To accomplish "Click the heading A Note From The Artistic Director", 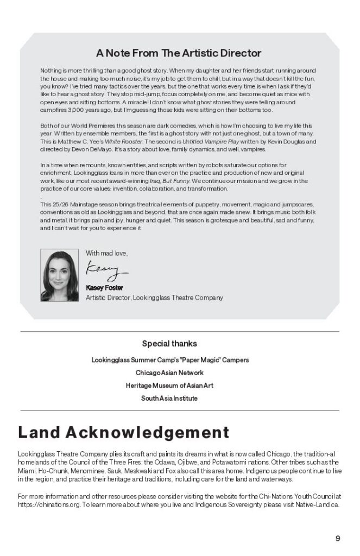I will [x=179, y=53].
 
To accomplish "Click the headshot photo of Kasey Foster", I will [x=59, y=275].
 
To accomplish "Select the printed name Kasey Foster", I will [x=104, y=288].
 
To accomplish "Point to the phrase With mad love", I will [x=107, y=253].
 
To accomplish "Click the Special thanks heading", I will [x=169, y=344].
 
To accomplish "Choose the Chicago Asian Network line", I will [x=169, y=373].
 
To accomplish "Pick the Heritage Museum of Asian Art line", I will [x=169, y=386].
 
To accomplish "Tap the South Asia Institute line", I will [x=169, y=398].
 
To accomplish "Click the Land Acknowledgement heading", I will [x=123, y=433].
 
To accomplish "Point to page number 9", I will [x=338, y=539].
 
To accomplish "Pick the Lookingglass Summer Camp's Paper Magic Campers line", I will [x=170, y=360].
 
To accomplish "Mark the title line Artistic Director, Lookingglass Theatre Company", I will [x=154, y=298].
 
